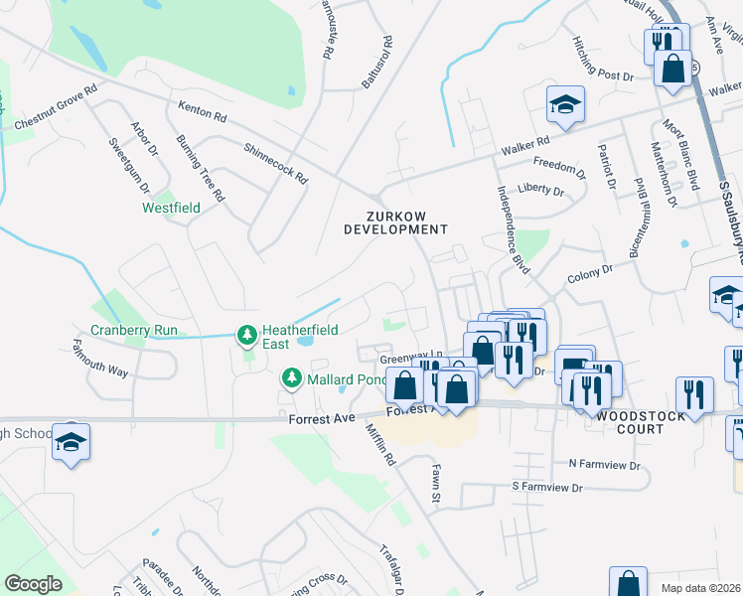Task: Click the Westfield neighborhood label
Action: pos(171,208)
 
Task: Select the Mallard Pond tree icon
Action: pos(291,377)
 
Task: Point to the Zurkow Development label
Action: pos(395,223)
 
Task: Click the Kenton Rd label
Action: pos(203,110)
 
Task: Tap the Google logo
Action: pos(33,584)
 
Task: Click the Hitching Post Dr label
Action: pos(602,61)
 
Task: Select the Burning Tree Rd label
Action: pos(201,168)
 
